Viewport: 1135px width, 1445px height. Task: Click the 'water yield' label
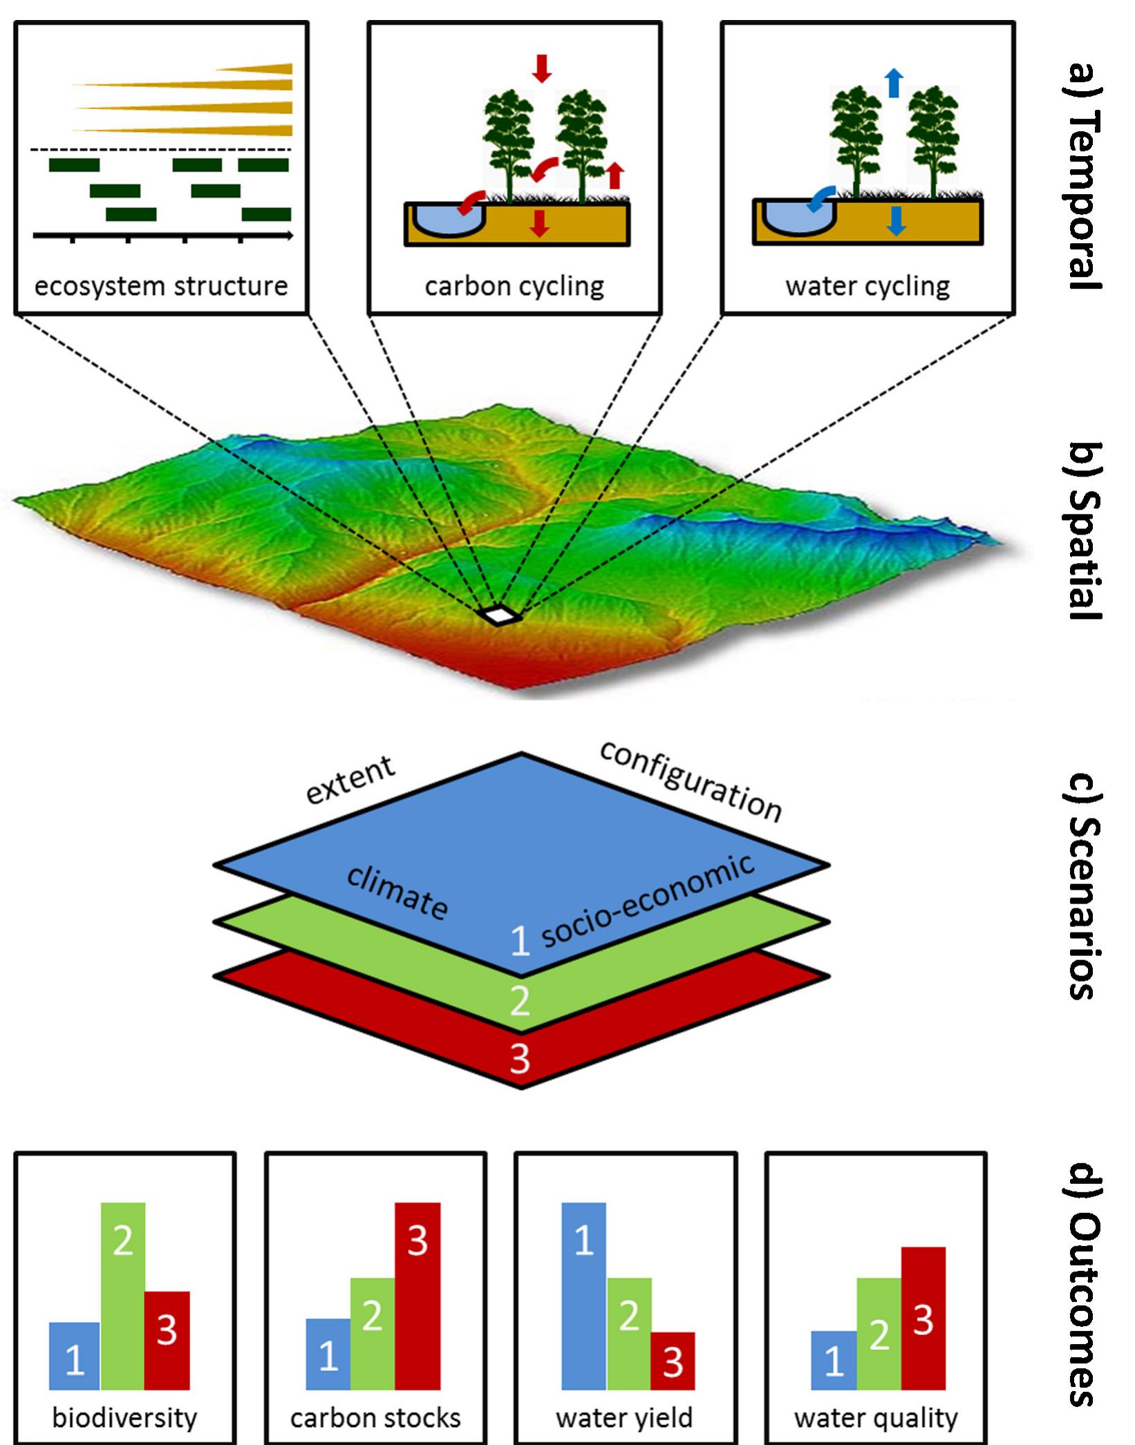tap(624, 1418)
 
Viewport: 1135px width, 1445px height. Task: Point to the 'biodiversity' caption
tap(124, 1418)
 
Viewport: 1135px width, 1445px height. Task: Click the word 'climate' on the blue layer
tap(397, 892)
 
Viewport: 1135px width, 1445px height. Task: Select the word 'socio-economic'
tap(647, 902)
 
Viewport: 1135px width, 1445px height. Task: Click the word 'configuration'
tap(691, 781)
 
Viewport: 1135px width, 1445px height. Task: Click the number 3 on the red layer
tap(520, 1058)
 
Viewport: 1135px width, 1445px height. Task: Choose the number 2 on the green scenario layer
tap(520, 1000)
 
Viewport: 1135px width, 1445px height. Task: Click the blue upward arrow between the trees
tap(894, 82)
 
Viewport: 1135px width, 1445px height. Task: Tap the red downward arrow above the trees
tap(542, 68)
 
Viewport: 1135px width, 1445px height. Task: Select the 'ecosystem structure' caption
tap(161, 286)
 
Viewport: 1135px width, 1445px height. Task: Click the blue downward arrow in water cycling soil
tap(896, 221)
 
